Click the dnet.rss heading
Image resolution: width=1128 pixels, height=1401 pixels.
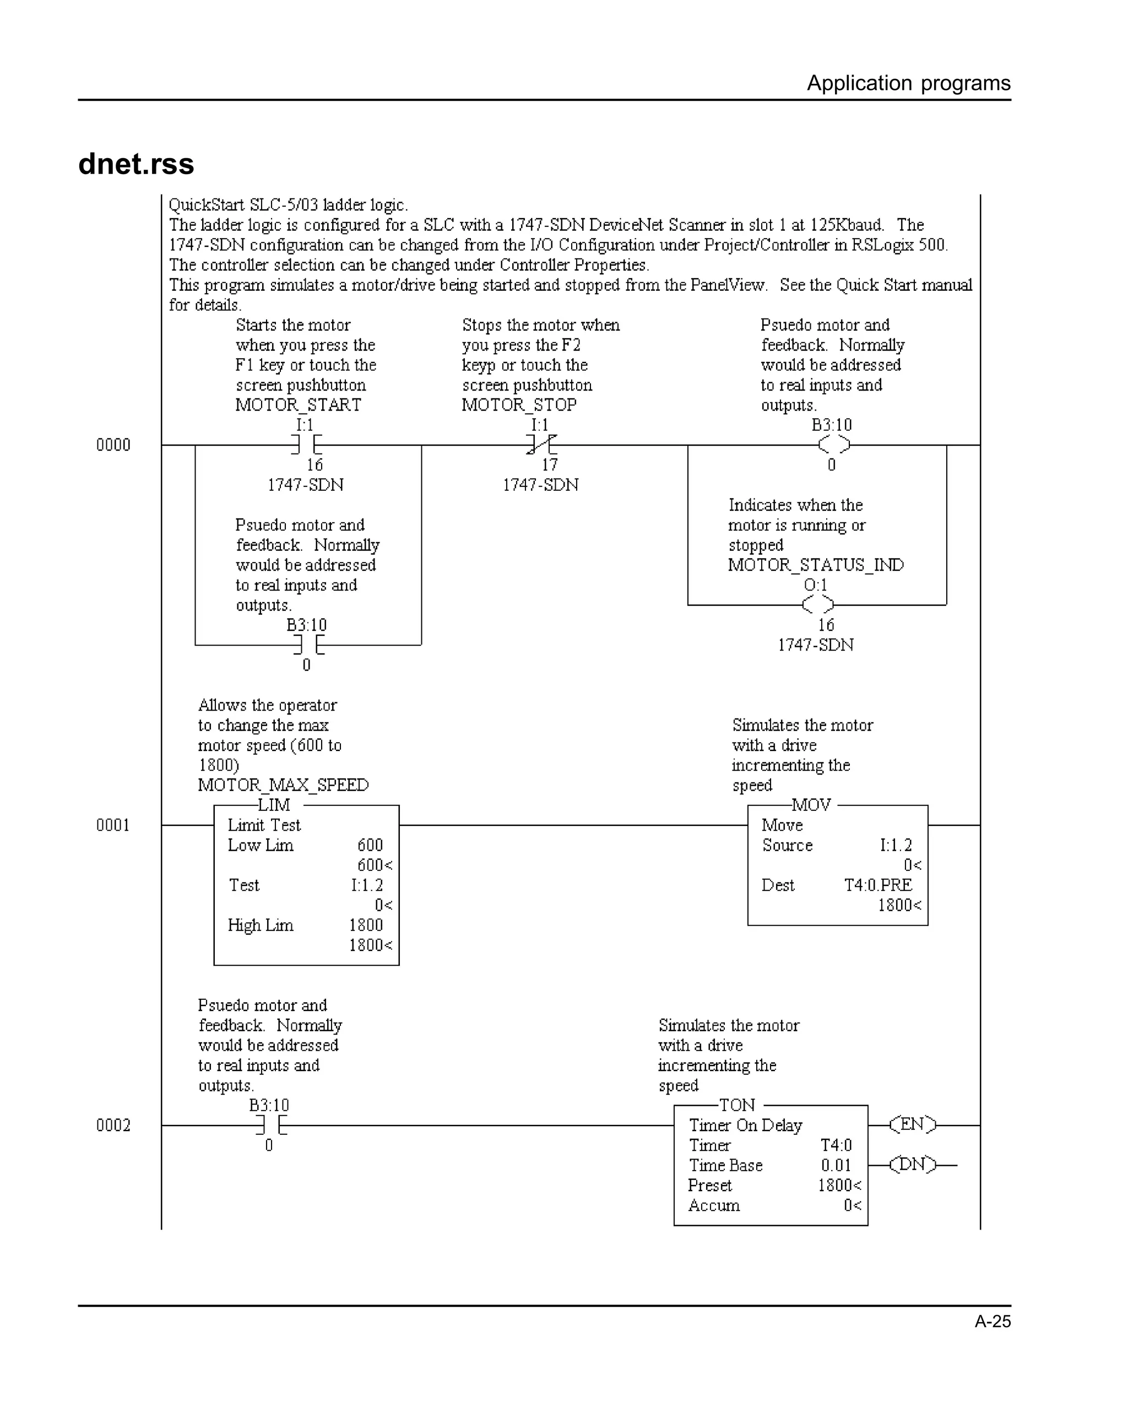tap(136, 164)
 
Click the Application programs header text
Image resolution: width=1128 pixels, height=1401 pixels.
tap(908, 83)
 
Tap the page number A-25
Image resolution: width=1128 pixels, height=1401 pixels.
tap(992, 1321)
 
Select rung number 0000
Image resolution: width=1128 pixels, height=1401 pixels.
tap(113, 445)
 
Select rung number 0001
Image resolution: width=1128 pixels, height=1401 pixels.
tap(113, 825)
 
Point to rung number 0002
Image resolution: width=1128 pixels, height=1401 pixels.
tap(113, 1126)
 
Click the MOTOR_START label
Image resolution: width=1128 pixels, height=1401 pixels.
tap(298, 405)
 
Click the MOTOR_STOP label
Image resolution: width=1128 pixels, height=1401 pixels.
tap(519, 405)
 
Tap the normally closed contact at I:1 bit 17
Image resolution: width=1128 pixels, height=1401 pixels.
tap(541, 445)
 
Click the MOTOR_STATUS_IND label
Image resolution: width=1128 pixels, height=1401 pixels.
tap(816, 565)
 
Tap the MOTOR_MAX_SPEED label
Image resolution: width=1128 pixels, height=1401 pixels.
tap(283, 785)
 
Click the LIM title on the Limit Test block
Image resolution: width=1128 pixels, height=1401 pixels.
tap(274, 805)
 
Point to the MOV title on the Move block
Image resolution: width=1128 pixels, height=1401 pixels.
tap(811, 805)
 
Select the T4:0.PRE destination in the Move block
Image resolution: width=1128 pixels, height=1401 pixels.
tap(878, 885)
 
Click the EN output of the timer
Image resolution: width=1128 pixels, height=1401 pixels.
tap(912, 1125)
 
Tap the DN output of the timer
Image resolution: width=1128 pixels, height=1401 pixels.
tap(912, 1165)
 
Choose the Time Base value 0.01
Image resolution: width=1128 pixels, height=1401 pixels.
tap(836, 1166)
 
